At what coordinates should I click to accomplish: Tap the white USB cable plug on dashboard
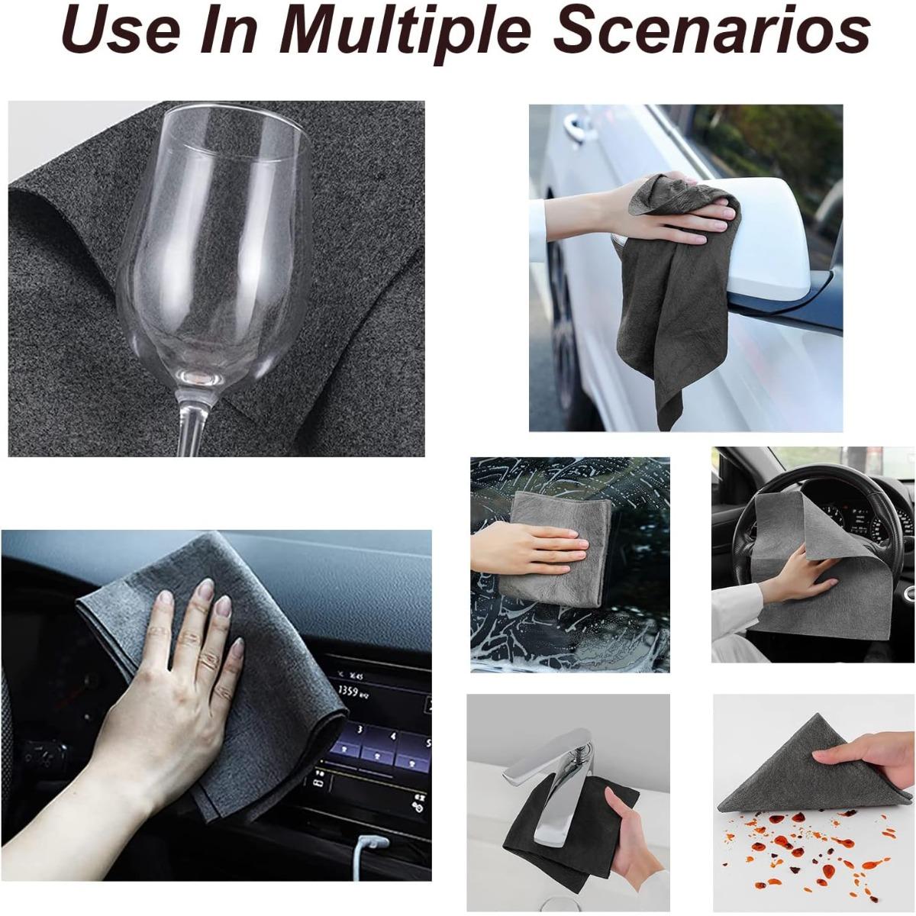coord(370,843)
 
